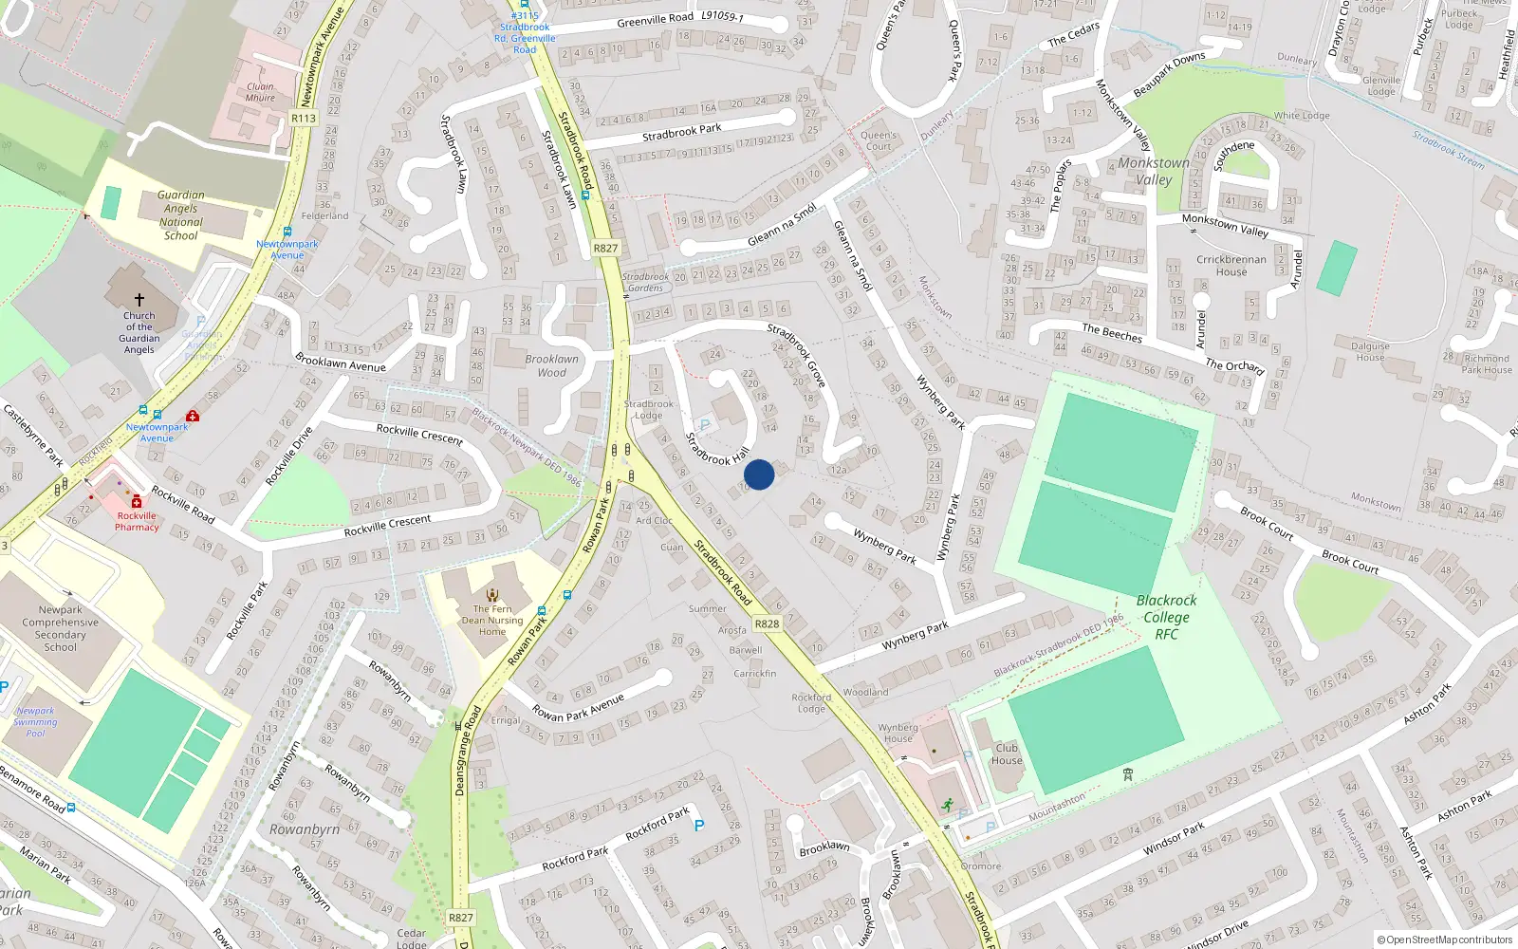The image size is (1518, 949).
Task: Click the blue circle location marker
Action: (759, 474)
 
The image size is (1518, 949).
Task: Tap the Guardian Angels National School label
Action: (180, 215)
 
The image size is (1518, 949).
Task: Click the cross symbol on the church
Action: (139, 299)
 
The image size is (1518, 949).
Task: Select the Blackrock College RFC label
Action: (1166, 617)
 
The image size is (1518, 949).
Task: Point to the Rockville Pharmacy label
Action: (137, 521)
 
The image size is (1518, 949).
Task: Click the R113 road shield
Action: (304, 119)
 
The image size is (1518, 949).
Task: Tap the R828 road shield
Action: (767, 623)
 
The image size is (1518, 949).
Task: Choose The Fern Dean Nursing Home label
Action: (492, 621)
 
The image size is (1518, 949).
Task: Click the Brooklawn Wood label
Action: (551, 365)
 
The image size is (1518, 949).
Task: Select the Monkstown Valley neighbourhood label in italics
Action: (1153, 171)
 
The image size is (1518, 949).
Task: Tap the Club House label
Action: (1007, 754)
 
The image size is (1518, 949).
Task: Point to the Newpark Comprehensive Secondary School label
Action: (61, 628)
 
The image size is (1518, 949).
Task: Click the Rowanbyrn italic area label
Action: (304, 829)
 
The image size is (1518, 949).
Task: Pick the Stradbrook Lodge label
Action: (649, 410)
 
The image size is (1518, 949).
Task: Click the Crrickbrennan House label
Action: (1231, 266)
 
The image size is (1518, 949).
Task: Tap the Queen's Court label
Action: (879, 140)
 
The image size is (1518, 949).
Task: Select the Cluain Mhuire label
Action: (260, 92)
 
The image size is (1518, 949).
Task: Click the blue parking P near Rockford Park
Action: (699, 826)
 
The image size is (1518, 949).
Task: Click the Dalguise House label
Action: (1370, 352)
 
